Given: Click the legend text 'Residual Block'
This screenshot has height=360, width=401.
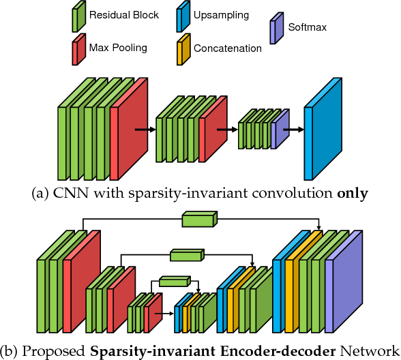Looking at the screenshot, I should pyautogui.click(x=123, y=15).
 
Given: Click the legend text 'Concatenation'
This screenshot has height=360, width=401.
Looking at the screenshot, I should pyautogui.click(x=227, y=48).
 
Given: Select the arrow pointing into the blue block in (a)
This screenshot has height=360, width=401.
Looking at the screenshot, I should pyautogui.click(x=294, y=128).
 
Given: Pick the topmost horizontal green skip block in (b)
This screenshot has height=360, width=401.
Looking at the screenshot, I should pyautogui.click(x=198, y=220).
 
